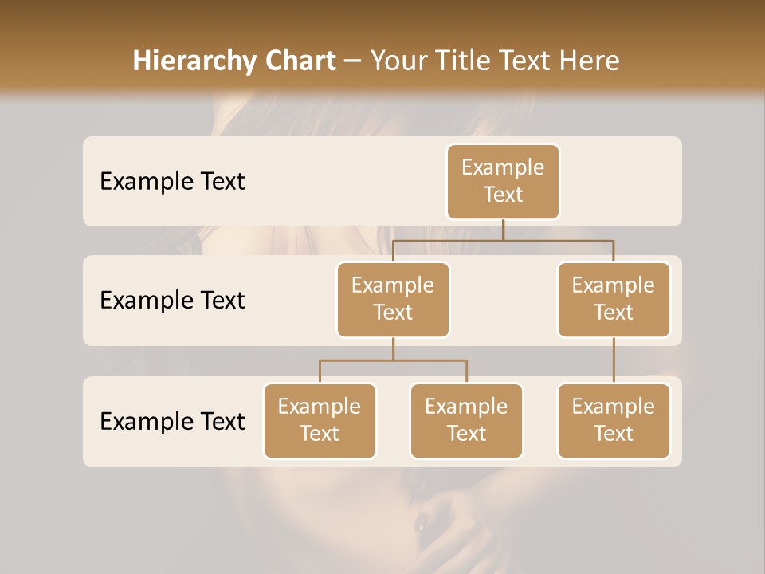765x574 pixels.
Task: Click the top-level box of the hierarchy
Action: tap(503, 181)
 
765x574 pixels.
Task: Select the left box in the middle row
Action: tap(393, 299)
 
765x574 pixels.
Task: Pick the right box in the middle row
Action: tap(614, 299)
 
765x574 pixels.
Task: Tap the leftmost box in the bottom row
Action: tap(320, 420)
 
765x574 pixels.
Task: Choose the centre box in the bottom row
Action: tap(466, 420)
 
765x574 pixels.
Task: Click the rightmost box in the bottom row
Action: tap(614, 420)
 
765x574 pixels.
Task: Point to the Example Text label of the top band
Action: tap(172, 182)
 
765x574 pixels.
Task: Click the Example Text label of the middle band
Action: tap(172, 301)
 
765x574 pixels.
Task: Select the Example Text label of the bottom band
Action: tap(172, 421)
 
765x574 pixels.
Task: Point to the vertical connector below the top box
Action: tap(503, 229)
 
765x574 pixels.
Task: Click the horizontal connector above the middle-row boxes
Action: tap(503, 239)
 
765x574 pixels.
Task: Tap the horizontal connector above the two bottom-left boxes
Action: tap(393, 360)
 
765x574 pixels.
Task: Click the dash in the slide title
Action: tap(353, 61)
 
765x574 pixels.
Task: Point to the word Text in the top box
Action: tap(503, 195)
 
